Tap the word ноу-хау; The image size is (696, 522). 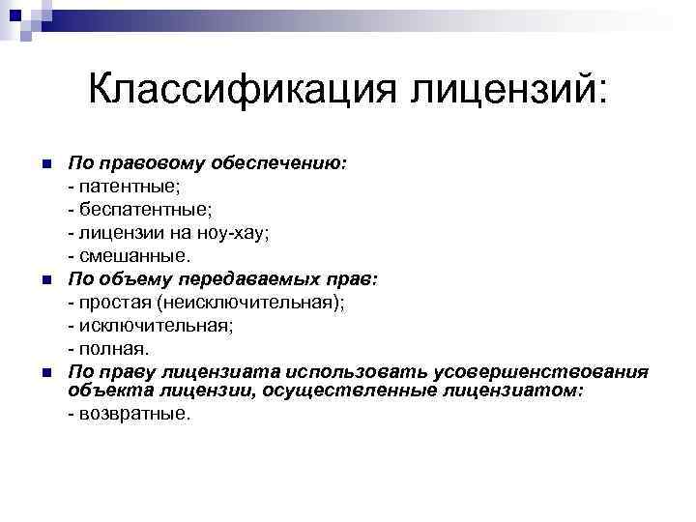tap(224, 233)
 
